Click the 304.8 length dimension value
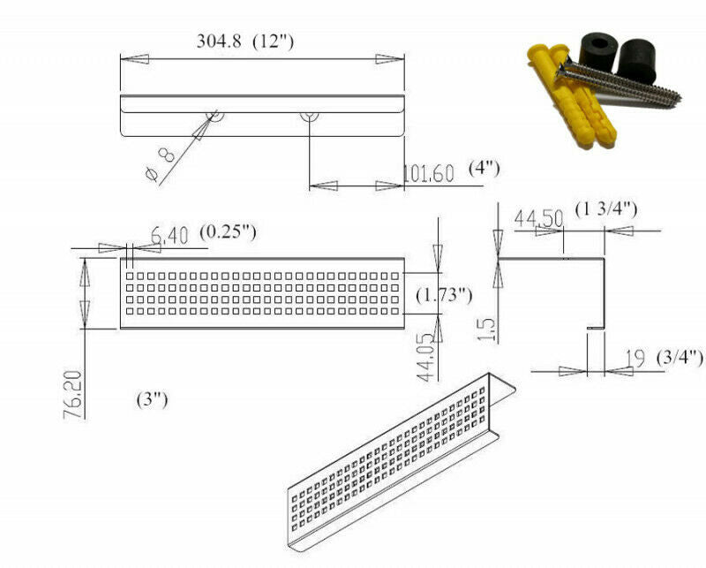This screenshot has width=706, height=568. [x=218, y=42]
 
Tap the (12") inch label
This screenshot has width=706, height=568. [x=274, y=42]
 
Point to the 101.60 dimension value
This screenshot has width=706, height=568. [x=428, y=173]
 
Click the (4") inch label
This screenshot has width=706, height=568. [x=484, y=169]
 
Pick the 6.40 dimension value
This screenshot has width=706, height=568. [x=169, y=235]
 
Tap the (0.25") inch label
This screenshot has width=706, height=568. [x=229, y=232]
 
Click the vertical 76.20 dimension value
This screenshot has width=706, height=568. [x=74, y=395]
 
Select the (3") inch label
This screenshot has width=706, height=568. [x=152, y=400]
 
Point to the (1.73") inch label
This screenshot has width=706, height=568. [x=444, y=295]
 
